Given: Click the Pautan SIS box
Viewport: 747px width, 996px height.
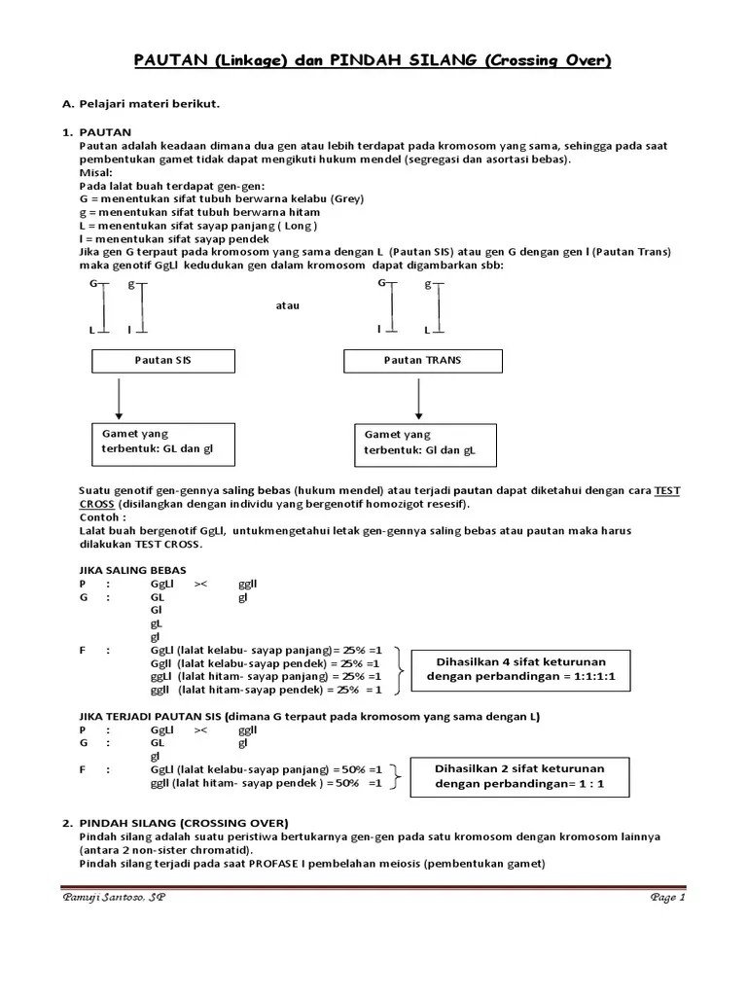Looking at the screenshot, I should (x=162, y=361).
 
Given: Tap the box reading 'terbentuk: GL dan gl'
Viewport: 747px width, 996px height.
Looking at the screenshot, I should (x=163, y=443).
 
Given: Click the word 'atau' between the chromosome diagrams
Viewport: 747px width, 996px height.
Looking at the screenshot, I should (x=287, y=305).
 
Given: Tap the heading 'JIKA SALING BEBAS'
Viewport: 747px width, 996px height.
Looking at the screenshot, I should (x=131, y=569).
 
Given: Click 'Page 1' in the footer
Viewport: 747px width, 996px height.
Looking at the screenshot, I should (x=668, y=898).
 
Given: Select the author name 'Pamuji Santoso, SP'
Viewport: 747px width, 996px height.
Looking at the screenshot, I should (x=113, y=898).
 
